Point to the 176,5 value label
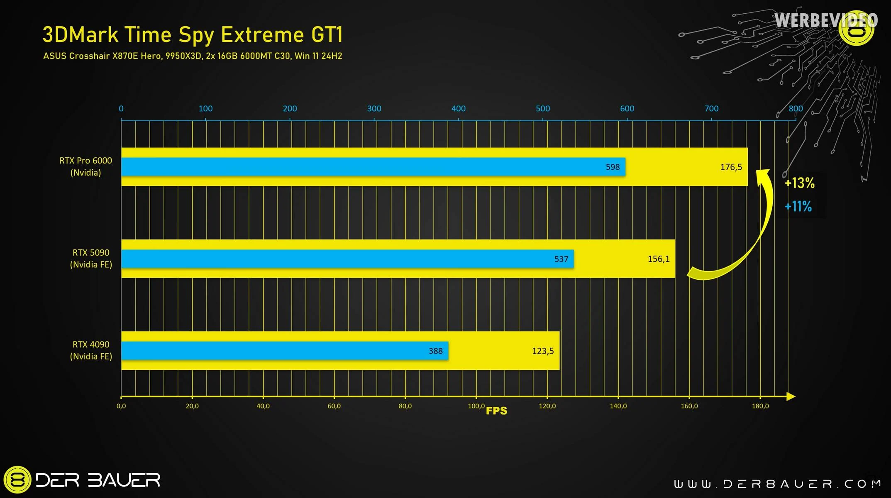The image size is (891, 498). pyautogui.click(x=731, y=167)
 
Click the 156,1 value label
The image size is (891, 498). pyautogui.click(x=659, y=259)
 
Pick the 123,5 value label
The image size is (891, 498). pyautogui.click(x=543, y=351)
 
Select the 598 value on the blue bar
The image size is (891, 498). pyautogui.click(x=613, y=167)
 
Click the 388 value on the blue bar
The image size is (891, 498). pyautogui.click(x=436, y=351)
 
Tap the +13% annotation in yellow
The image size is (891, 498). pyautogui.click(x=800, y=183)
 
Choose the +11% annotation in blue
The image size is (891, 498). pyautogui.click(x=798, y=206)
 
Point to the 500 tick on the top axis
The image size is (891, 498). pyautogui.click(x=542, y=109)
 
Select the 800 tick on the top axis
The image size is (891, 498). pyautogui.click(x=796, y=109)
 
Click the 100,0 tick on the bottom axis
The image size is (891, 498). pyautogui.click(x=476, y=406)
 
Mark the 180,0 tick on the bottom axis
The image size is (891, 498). pyautogui.click(x=760, y=406)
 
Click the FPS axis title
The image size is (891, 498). pyautogui.click(x=496, y=411)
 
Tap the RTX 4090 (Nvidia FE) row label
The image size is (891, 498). pyautogui.click(x=91, y=350)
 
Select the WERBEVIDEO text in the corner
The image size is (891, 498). pyautogui.click(x=826, y=20)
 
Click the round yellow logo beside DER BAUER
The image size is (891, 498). pyautogui.click(x=17, y=480)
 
